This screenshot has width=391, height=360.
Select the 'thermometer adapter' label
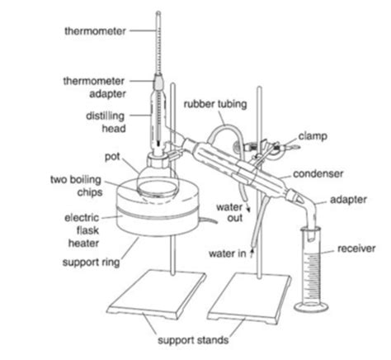point(94,86)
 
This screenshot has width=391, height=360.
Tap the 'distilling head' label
point(106,122)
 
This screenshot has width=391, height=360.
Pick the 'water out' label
point(228,211)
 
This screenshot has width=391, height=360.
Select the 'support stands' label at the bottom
point(191,340)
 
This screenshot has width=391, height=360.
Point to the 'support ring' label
point(94,263)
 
